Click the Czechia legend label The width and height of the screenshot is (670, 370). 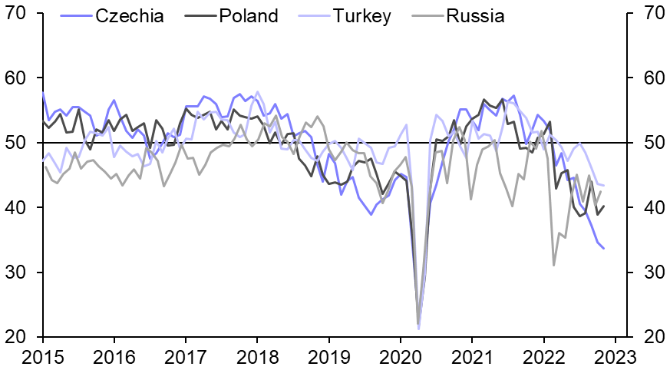129,16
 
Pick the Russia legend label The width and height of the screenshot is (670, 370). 475,16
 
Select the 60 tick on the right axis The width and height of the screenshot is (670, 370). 649,79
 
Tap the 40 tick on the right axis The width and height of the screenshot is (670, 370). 649,208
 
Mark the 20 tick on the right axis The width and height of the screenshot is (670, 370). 649,337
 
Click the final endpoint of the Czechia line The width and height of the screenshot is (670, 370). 603,248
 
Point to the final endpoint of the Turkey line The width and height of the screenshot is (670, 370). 603,186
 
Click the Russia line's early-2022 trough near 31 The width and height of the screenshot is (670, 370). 553,265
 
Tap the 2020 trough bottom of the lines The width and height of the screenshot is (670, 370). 418,325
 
